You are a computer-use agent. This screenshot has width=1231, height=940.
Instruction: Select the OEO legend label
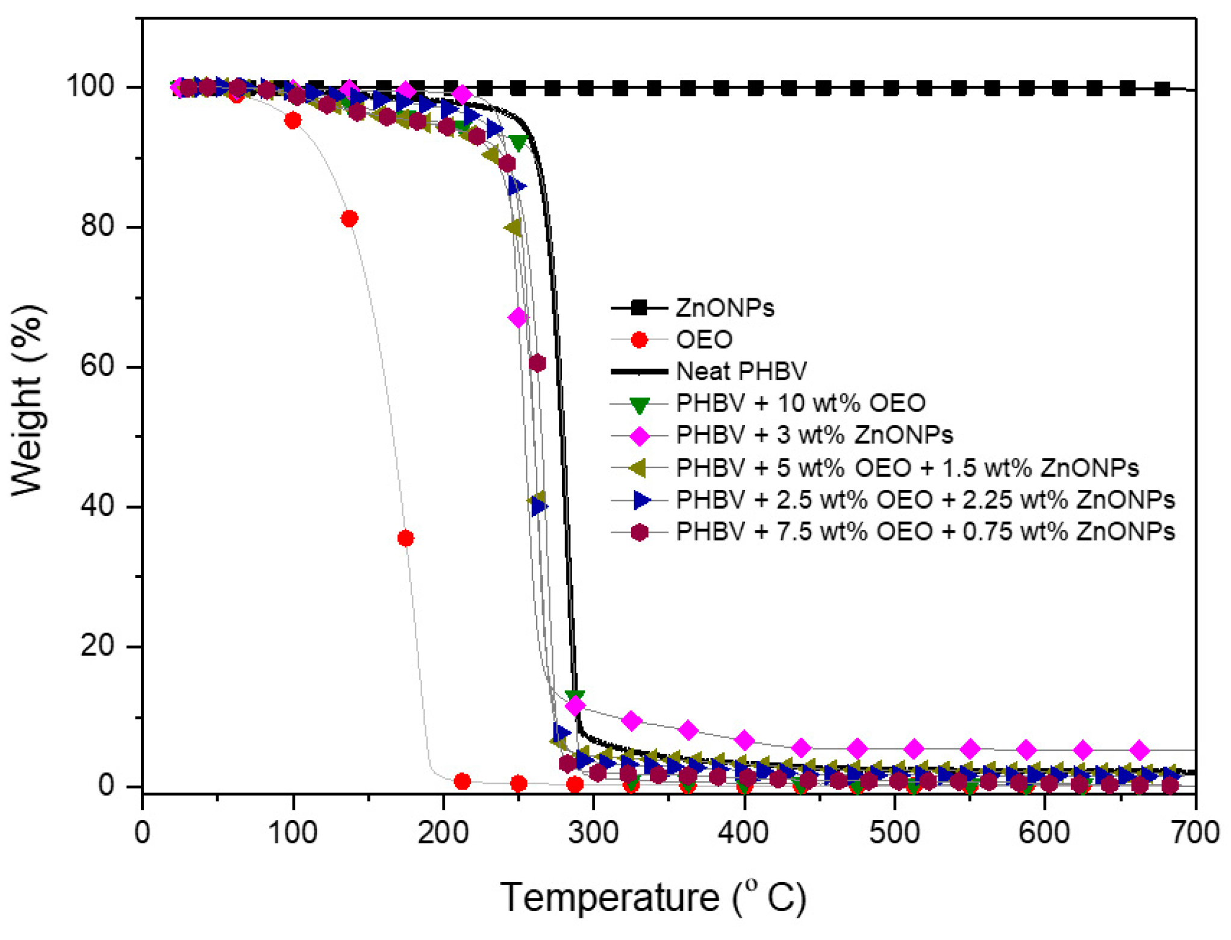704,340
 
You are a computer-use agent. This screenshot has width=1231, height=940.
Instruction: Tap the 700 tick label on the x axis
1195,833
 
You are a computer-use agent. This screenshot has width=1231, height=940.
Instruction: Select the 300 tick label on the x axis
594,833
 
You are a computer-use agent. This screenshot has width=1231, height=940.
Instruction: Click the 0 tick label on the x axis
142,833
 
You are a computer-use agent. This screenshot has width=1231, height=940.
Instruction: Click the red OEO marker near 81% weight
349,219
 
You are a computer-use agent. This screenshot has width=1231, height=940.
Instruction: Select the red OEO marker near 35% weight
406,538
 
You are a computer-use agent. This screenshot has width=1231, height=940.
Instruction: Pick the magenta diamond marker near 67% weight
518,318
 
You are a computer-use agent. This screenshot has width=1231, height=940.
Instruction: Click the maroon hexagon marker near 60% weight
537,363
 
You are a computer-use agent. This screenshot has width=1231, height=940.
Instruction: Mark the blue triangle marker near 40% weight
539,507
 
